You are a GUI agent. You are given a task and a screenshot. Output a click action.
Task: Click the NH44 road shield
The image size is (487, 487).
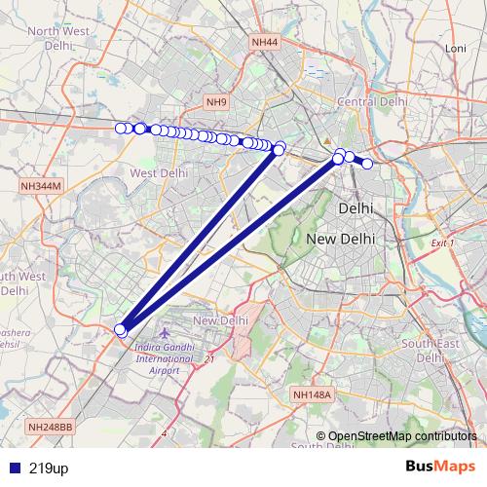[264, 42]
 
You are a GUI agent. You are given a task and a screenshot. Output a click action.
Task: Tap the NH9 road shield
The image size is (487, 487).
[215, 101]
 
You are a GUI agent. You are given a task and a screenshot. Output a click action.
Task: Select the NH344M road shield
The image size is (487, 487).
[40, 185]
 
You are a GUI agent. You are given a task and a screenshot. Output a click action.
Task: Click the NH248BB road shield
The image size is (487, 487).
[51, 427]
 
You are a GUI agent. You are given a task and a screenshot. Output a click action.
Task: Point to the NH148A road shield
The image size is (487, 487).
[313, 394]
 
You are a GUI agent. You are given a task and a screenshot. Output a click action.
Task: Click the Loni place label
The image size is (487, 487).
[456, 48]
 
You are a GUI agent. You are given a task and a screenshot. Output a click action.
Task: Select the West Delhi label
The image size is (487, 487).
[158, 172]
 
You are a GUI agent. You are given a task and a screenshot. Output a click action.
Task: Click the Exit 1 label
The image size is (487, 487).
[443, 242]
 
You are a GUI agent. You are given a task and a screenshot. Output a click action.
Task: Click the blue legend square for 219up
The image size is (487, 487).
[13, 468]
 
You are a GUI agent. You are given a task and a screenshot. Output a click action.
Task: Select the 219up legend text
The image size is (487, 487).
[49, 468]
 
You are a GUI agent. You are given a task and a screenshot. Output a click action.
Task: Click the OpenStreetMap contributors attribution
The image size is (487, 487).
[397, 435]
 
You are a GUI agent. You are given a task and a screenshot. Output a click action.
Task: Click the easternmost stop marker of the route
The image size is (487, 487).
[367, 164]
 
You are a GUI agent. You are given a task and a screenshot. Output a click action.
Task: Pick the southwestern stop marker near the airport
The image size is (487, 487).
[121, 330]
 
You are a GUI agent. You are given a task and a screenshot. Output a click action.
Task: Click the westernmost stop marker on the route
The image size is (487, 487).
[121, 129]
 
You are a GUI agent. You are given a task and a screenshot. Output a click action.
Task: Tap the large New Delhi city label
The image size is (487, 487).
[340, 239]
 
